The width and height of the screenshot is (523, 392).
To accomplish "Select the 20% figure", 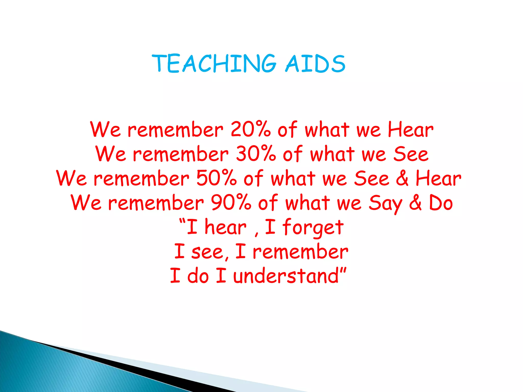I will click(x=250, y=129).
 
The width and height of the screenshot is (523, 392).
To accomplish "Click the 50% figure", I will click(x=217, y=178).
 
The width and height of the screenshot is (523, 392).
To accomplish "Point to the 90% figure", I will click(x=231, y=203).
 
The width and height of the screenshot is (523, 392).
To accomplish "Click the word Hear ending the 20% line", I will click(x=410, y=129).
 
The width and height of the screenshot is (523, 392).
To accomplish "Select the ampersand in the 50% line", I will click(x=402, y=178).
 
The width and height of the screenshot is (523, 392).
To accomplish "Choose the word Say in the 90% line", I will click(x=385, y=203).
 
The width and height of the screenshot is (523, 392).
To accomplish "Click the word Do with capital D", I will click(x=441, y=203).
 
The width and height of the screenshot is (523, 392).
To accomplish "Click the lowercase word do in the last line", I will click(x=198, y=276).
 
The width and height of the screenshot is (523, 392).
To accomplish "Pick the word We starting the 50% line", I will click(x=72, y=178).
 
